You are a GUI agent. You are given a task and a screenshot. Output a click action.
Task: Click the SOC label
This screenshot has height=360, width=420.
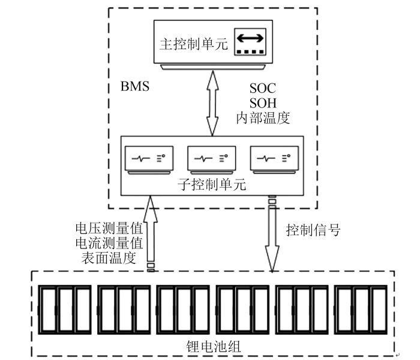click(x=263, y=88)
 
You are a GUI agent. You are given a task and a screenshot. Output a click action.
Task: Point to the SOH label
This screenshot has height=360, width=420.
click(x=263, y=102)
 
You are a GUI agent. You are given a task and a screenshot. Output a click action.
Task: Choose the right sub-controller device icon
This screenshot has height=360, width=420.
click(x=272, y=159)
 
